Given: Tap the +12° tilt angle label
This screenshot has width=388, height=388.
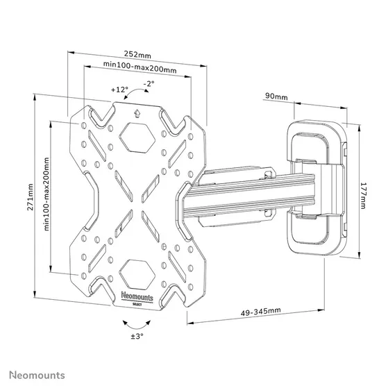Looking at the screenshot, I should [x=119, y=90].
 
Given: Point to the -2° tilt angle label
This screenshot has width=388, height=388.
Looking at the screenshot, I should [x=148, y=83].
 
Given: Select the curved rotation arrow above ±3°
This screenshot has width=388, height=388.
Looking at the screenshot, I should [x=136, y=322].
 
